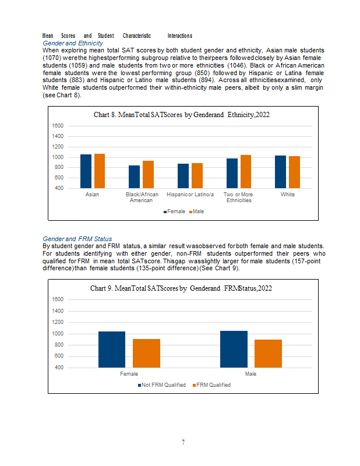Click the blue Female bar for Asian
(x=86, y=171)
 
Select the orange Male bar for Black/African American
(x=148, y=174)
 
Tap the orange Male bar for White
(x=294, y=172)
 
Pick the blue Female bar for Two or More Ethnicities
(x=232, y=173)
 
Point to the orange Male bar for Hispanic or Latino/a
(x=197, y=176)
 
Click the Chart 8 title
(x=182, y=115)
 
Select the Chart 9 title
(x=181, y=288)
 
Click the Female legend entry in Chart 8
(x=175, y=211)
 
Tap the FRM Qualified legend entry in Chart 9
(x=211, y=385)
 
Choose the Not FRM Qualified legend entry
(x=162, y=385)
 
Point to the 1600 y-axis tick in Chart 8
(x=58, y=126)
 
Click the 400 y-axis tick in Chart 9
(x=59, y=368)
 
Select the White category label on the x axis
(x=288, y=195)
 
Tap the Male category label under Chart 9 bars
(x=250, y=374)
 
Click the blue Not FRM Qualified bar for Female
(x=112, y=349)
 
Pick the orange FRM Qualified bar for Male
(x=268, y=354)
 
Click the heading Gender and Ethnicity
(x=73, y=43)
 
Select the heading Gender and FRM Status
(x=77, y=239)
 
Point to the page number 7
(x=183, y=443)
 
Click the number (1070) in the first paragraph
(x=52, y=58)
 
